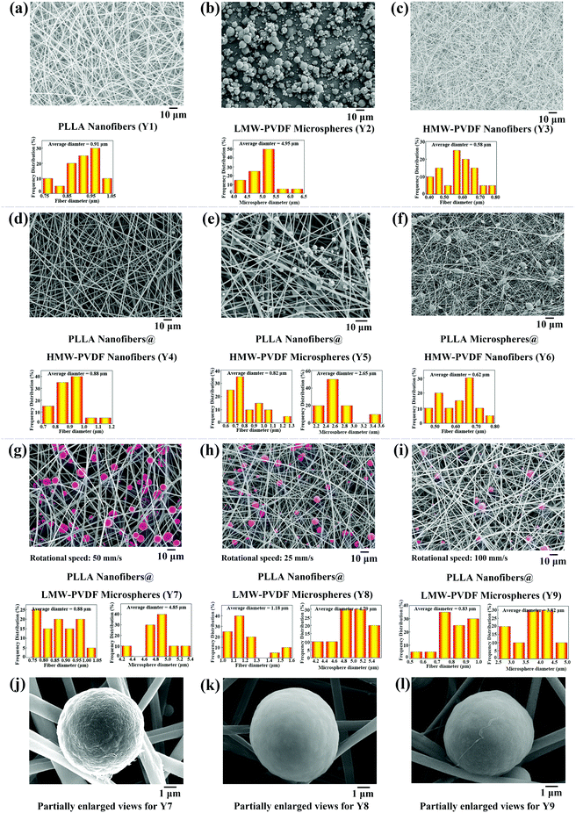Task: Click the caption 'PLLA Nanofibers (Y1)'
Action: pyautogui.click(x=96, y=126)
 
